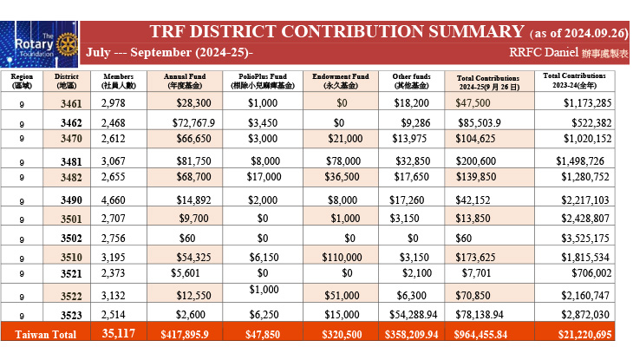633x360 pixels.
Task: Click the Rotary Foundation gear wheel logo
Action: coord(67,44)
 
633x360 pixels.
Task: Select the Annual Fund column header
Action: coord(185,81)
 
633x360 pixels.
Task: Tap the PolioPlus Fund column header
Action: coord(263,81)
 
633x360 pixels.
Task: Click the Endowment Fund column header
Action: coord(341,81)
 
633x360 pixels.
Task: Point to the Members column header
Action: coord(118,81)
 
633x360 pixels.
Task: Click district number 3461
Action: coord(71,104)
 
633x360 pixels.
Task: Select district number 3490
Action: coord(71,200)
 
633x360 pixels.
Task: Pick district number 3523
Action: coord(71,315)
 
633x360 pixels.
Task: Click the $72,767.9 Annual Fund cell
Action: coord(193,122)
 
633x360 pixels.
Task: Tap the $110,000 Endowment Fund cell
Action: coord(342,257)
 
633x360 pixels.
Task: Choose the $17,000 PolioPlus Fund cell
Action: coord(264,177)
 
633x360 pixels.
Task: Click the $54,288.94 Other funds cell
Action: coord(414,314)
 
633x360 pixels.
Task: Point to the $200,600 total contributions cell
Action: coord(476,160)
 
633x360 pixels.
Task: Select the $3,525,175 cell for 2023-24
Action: coord(585,238)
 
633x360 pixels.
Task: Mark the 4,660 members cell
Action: coord(114,200)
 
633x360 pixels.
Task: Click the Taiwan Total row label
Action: coord(46,335)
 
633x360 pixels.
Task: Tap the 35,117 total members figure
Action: coord(118,333)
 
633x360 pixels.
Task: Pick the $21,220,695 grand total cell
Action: coord(585,335)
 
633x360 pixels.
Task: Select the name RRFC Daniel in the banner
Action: coord(544,53)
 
